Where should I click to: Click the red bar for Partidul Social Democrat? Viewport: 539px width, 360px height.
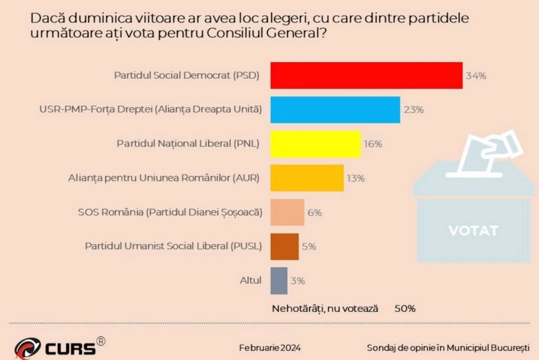click(367, 75)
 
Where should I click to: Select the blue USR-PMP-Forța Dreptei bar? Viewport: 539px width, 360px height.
click(336, 109)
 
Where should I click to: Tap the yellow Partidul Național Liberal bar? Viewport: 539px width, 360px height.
click(316, 144)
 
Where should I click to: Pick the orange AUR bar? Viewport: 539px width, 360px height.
click(307, 178)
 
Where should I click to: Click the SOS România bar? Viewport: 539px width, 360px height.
click(288, 212)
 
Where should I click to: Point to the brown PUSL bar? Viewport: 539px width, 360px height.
click(284, 246)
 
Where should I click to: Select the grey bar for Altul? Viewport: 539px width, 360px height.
click(279, 280)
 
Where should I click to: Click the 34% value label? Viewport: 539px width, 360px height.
click(476, 76)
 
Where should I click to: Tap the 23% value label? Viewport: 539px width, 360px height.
click(413, 109)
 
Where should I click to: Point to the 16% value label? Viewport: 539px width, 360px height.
click(373, 144)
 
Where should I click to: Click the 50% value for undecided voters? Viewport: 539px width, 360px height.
click(405, 308)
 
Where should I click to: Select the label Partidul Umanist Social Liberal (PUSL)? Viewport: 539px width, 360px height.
click(174, 246)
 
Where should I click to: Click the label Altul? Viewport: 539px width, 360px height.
click(251, 280)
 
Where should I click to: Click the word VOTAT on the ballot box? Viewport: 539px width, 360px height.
click(473, 231)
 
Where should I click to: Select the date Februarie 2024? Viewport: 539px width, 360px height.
click(269, 348)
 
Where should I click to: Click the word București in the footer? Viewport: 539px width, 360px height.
click(507, 348)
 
